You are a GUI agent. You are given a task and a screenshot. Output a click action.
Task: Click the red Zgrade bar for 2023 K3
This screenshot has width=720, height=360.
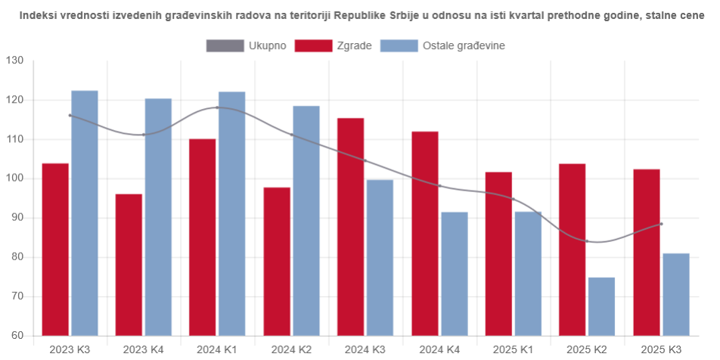pos(55,250)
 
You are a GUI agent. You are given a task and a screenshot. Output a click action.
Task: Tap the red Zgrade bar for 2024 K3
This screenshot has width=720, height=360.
pos(350,227)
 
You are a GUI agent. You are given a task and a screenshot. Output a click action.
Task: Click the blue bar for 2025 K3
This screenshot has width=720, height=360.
pos(675,294)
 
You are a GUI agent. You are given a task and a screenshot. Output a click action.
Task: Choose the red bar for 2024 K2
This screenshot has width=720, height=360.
pos(277,261)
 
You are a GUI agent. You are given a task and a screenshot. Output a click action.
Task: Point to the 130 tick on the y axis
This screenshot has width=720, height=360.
pos(14,61)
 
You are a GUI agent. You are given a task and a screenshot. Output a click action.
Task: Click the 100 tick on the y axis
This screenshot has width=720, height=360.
pos(14,179)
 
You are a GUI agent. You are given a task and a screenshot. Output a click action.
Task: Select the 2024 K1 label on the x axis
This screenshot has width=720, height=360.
pos(218,349)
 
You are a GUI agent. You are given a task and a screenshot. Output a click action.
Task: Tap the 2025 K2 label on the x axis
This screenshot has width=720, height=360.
pos(587,349)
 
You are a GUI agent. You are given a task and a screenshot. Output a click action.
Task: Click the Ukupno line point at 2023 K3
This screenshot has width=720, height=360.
pos(70,116)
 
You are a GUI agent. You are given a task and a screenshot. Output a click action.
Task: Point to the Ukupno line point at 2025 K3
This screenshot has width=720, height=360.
pos(661,224)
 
